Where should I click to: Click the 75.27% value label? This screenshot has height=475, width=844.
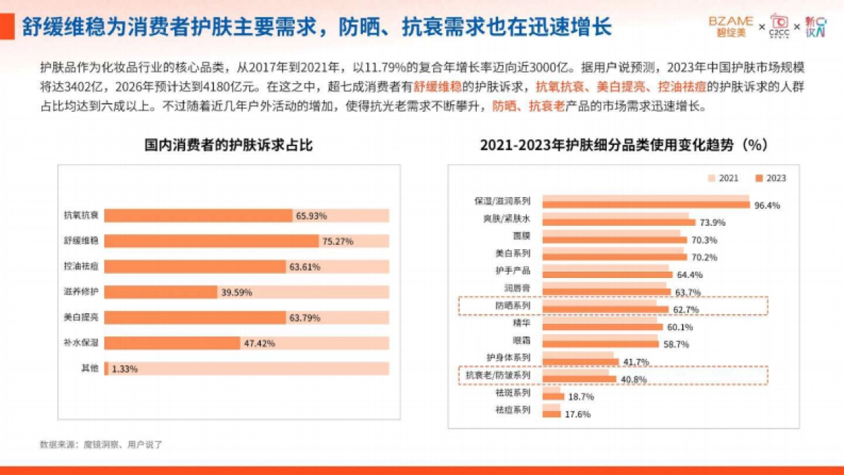pyautogui.click(x=338, y=241)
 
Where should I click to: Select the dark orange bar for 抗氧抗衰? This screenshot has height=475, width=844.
pyautogui.click(x=198, y=215)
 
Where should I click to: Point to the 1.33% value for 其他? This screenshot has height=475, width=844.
pyautogui.click(x=124, y=369)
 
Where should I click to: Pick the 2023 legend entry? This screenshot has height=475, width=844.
pyautogui.click(x=771, y=178)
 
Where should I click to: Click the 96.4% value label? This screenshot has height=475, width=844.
pyautogui.click(x=767, y=205)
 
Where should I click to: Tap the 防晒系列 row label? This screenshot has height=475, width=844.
pyautogui.click(x=512, y=306)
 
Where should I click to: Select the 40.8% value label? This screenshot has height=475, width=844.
pyautogui.click(x=632, y=379)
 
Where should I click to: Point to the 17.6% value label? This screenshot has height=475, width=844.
pyautogui.click(x=577, y=414)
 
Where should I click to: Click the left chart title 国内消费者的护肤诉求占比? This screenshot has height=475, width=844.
pyautogui.click(x=229, y=145)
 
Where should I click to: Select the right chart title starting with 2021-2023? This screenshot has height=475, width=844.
pyautogui.click(x=623, y=145)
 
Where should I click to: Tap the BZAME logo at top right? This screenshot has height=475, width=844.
pyautogui.click(x=731, y=25)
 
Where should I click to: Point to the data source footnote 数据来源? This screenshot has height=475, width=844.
pyautogui.click(x=101, y=444)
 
